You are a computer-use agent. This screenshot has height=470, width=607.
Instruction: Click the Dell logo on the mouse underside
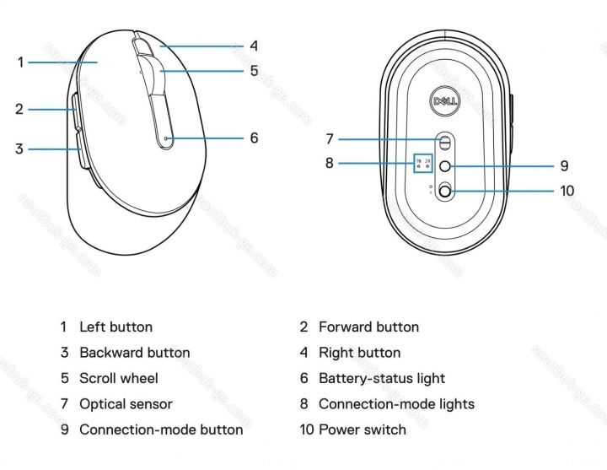[443, 101]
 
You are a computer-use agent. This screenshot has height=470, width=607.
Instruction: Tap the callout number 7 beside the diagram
[330, 138]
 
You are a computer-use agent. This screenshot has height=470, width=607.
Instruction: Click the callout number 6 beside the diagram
[253, 138]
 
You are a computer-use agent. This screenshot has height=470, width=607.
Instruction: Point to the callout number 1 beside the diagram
[20, 62]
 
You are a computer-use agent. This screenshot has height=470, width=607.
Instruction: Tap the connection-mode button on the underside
[444, 165]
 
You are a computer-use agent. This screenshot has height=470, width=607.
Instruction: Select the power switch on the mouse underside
[444, 192]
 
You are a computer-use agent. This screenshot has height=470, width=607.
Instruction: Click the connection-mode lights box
[423, 164]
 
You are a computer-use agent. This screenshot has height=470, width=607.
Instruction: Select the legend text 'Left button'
[115, 327]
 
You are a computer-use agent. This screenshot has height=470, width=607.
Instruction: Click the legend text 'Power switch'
[362, 429]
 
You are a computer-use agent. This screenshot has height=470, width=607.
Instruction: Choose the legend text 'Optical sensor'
[126, 404]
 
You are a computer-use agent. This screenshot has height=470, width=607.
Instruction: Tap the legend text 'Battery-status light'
[381, 378]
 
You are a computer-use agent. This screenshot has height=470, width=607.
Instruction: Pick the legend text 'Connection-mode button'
[160, 429]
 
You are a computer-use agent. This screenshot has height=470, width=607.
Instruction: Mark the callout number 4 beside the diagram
[253, 46]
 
